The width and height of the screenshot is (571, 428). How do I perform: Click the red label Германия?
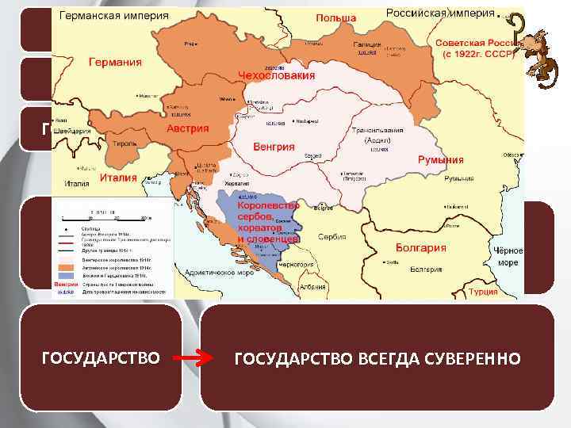click(115, 62)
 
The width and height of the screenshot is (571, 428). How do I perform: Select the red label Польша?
click(335, 17)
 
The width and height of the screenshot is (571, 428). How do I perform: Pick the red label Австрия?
click(188, 128)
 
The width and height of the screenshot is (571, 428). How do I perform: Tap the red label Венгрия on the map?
click(274, 147)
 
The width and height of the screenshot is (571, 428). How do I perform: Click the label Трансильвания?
click(379, 130)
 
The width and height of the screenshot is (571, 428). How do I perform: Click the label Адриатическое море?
click(218, 270)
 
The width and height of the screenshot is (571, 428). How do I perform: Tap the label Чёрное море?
click(507, 256)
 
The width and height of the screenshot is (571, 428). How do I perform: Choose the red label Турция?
click(505, 291)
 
